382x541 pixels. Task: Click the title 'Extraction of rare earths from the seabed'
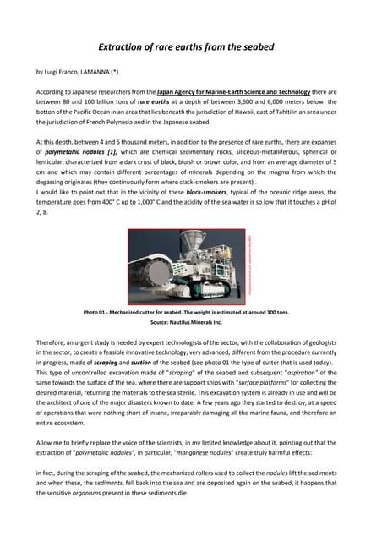[190, 48]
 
